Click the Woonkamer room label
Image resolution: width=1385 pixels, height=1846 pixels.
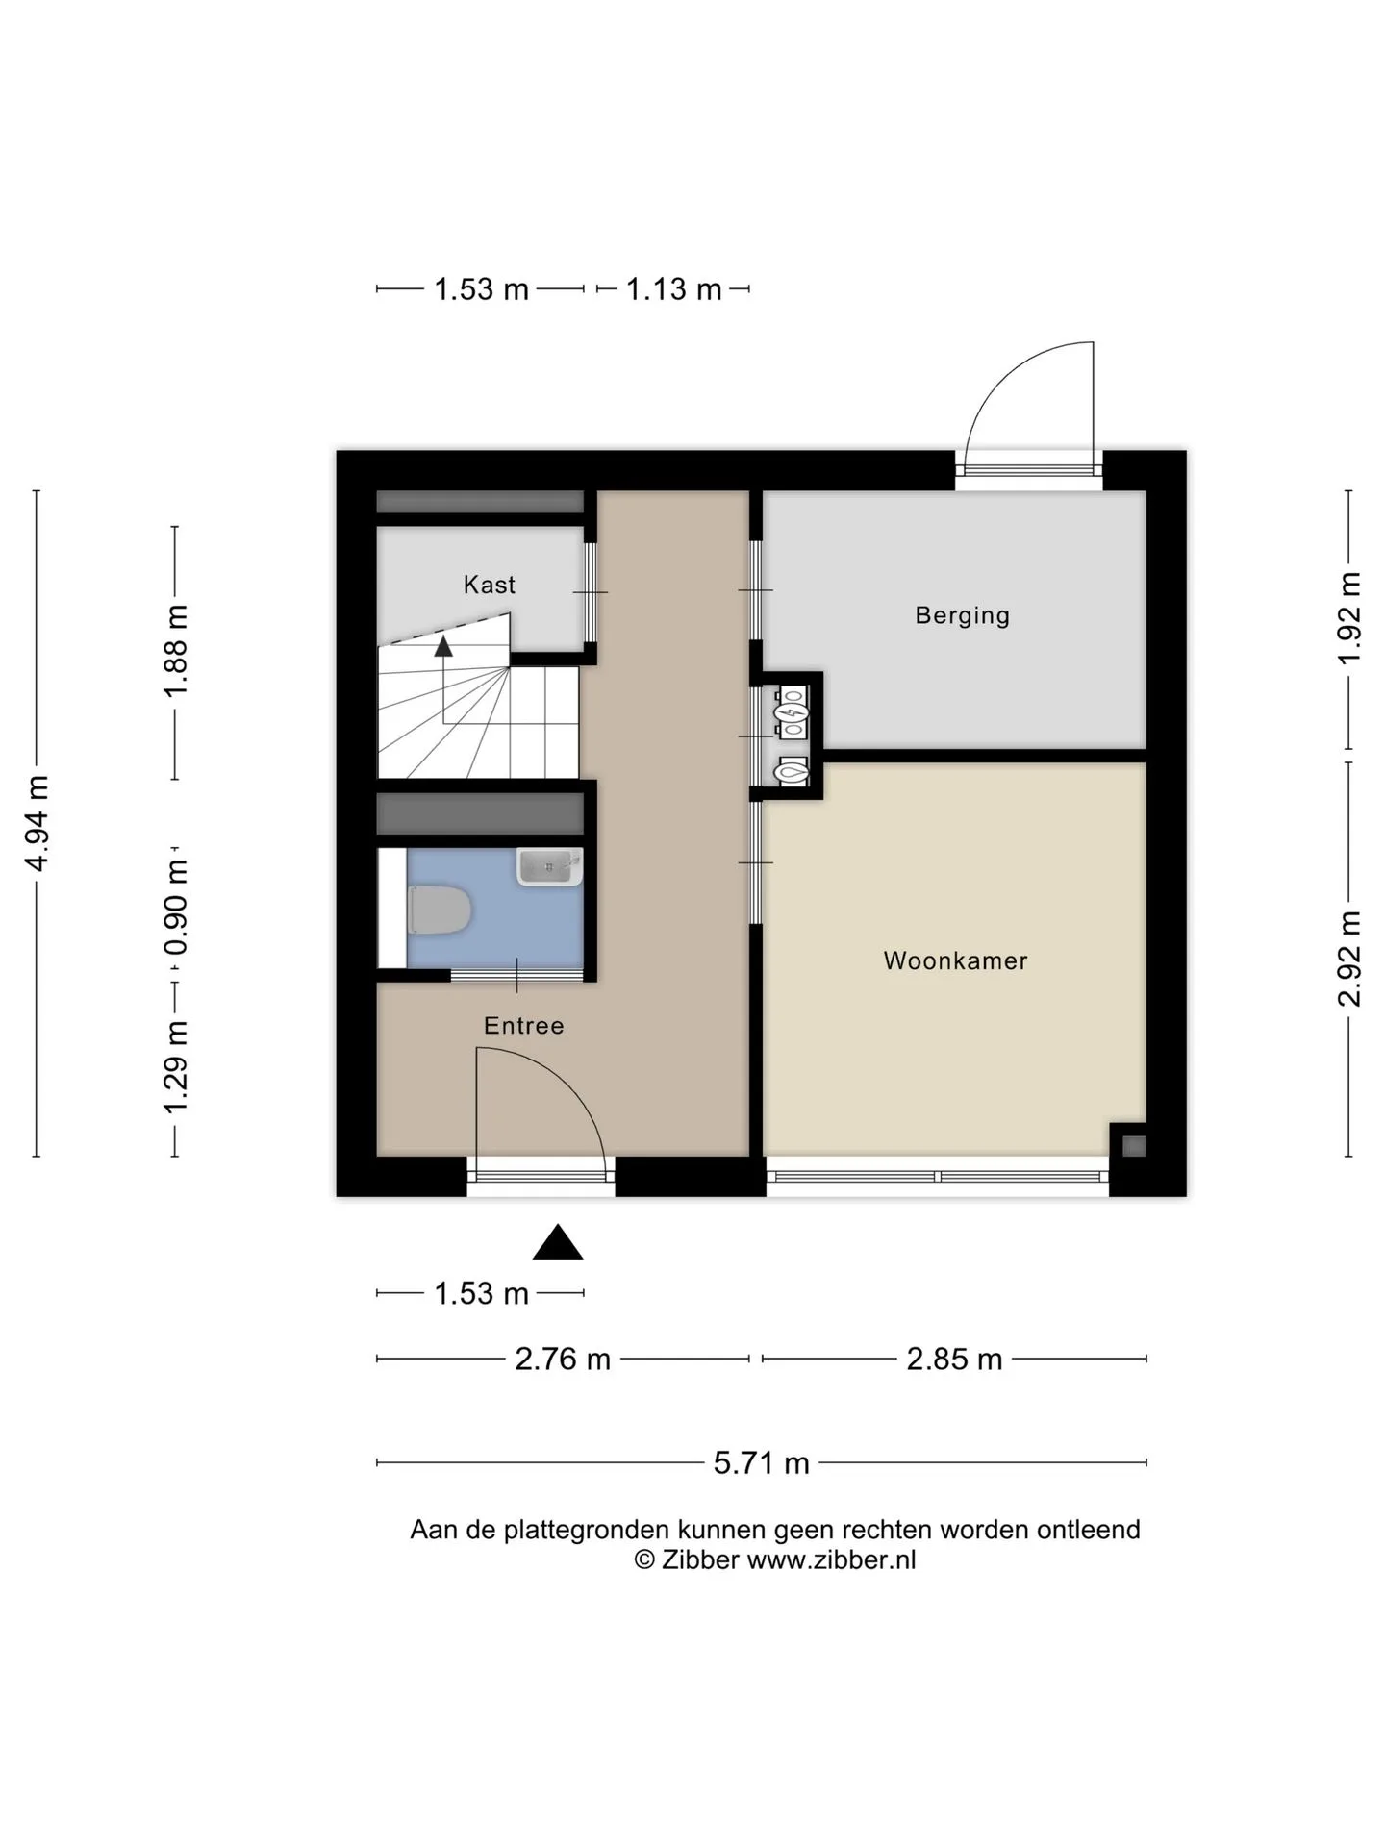coord(955,960)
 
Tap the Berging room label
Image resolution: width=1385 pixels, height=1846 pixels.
coord(962,615)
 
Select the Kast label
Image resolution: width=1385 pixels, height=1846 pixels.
coord(489,585)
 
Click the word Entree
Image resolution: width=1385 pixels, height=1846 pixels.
coord(523,1026)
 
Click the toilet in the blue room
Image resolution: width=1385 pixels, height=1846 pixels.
coord(439,910)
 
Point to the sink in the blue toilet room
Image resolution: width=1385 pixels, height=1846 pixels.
coord(549,866)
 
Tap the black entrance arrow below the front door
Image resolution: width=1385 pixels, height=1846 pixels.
coord(558,1242)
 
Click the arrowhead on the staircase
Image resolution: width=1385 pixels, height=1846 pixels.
coord(443,646)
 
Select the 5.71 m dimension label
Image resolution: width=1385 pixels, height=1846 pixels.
coord(761,1463)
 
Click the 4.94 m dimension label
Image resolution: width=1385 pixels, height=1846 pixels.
coord(38,823)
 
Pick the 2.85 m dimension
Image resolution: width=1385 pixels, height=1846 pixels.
coord(954,1360)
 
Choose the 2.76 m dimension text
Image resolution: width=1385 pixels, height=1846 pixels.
coord(563,1360)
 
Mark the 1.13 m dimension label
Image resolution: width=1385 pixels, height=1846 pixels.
coord(673,289)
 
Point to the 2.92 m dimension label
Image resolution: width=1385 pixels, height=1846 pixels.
coord(1349,959)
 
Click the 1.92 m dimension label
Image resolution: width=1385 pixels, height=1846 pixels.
coord(1349,617)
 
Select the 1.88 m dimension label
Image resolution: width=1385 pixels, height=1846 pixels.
coord(176,652)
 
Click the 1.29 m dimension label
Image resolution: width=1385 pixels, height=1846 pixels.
coord(176,1067)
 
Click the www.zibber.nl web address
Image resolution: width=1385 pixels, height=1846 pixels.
coord(831,1559)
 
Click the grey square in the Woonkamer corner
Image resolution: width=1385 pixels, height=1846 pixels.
coord(1134,1146)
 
